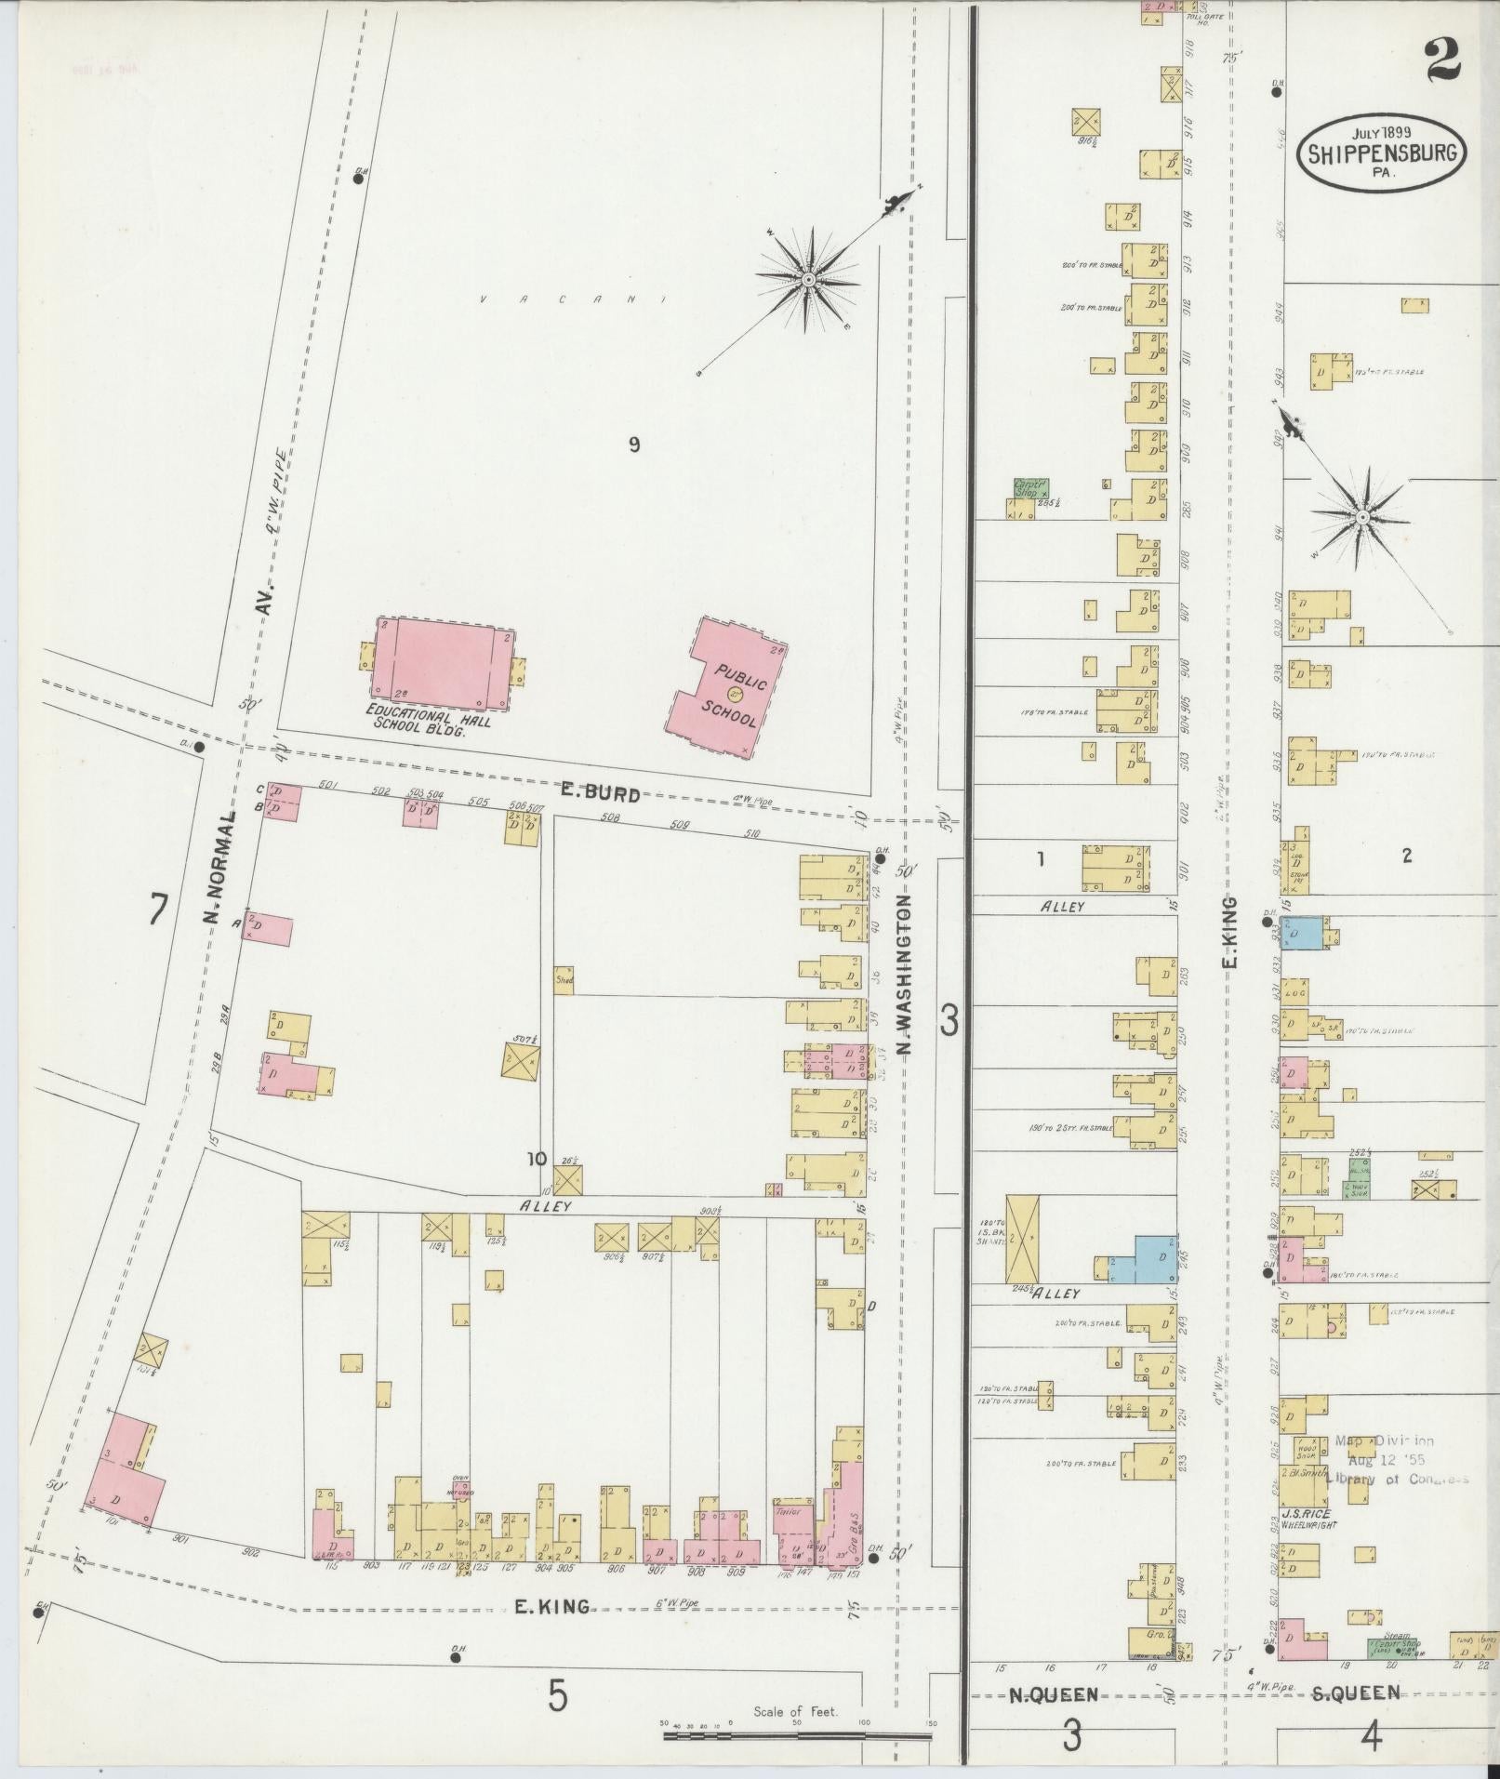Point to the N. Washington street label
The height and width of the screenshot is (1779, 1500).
[x=903, y=974]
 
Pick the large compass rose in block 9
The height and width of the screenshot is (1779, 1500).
[x=808, y=278]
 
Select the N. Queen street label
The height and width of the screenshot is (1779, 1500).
[x=1054, y=1694]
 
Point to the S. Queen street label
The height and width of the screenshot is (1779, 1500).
[x=1355, y=1693]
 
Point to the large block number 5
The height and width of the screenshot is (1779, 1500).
[x=556, y=1697]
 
